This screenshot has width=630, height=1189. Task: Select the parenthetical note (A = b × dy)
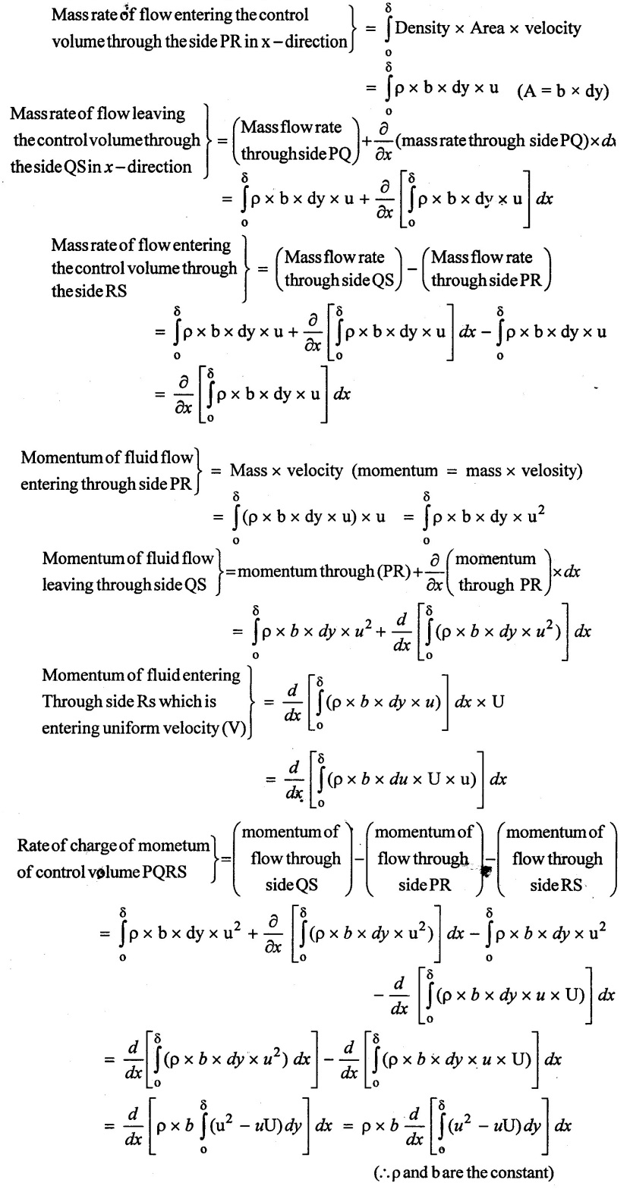tap(562, 91)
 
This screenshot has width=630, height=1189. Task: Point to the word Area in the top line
tap(487, 27)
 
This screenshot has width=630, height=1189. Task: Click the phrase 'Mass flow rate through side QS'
tap(339, 268)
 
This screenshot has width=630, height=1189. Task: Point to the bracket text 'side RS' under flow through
tap(556, 885)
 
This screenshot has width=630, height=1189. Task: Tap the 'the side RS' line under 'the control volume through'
tap(90, 291)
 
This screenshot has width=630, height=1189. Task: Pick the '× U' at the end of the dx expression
tap(490, 701)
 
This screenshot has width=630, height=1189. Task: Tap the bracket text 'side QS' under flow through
tap(291, 885)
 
